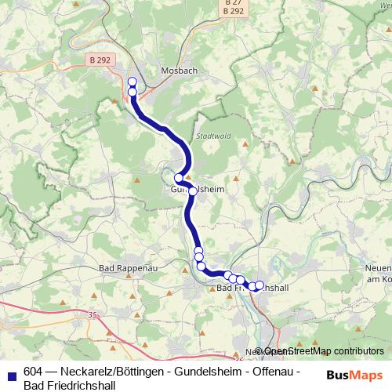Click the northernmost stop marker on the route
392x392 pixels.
[132, 82]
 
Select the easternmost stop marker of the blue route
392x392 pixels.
[260, 284]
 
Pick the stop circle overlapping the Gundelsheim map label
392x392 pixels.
[193, 191]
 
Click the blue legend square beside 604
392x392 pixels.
[12, 372]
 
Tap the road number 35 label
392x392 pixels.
[93, 315]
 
